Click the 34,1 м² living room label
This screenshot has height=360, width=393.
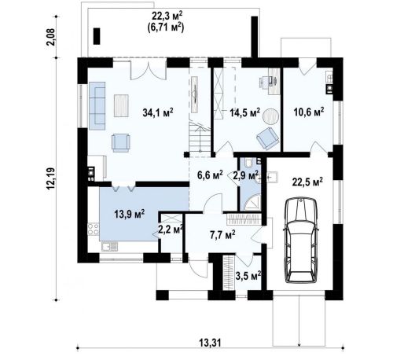coord(158,112)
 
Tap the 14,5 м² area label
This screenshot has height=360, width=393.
coord(244,112)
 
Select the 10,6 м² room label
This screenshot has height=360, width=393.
coord(309,112)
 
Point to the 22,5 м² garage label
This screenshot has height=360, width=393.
coord(307,182)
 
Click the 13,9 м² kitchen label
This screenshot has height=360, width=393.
coord(130,214)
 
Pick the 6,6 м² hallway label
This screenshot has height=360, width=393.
coord(210,174)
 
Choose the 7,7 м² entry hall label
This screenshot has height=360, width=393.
coord(222,235)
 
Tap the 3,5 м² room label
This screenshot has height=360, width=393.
coord(248,276)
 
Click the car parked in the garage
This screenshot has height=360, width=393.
coord(301,241)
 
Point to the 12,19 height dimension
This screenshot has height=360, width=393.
coord(51,179)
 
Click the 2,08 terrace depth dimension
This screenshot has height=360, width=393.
coord(51,37)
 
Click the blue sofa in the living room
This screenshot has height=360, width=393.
coord(97,106)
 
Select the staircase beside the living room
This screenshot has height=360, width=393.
coord(200,139)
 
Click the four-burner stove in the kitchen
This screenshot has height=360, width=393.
coord(94,229)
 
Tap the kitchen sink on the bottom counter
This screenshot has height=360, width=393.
coord(109,247)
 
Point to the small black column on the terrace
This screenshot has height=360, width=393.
coord(97,36)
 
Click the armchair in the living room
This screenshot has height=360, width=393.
coord(120,143)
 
